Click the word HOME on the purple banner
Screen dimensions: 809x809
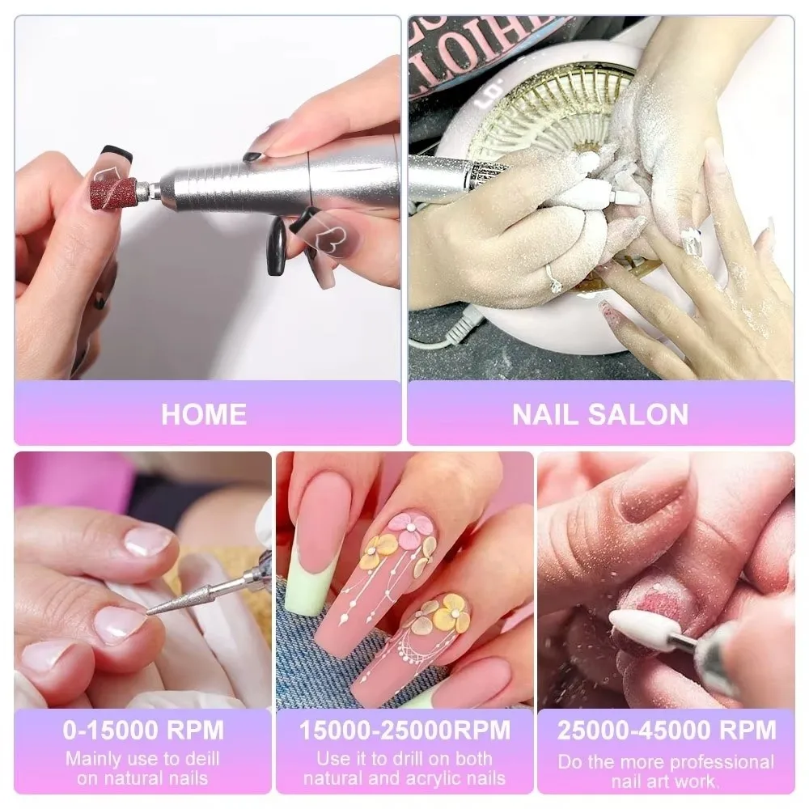coord(203,414)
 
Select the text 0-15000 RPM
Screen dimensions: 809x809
coord(143,731)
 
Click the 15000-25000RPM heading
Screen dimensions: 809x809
coord(404,731)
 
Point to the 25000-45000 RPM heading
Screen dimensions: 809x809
coord(666,731)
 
